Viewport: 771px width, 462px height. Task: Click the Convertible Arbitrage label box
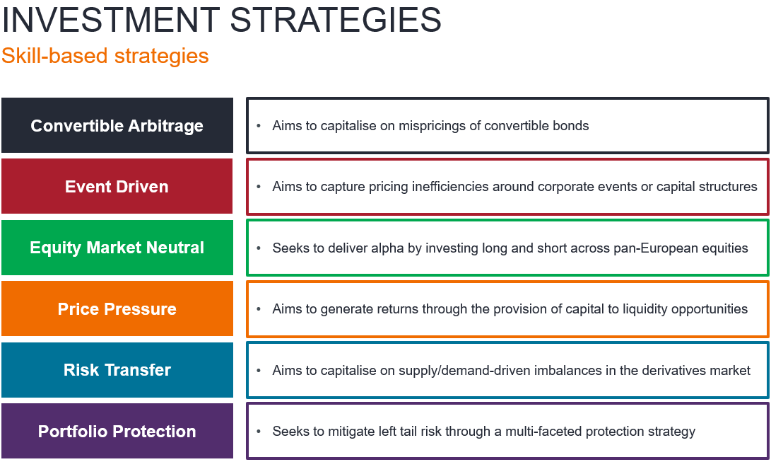coord(117,125)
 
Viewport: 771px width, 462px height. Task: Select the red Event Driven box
coord(117,187)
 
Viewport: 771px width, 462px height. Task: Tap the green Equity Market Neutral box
coord(117,248)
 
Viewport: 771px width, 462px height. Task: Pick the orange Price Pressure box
coord(117,308)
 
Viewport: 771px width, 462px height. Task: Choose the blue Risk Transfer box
coord(117,370)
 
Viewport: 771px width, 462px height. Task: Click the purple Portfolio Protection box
coord(117,431)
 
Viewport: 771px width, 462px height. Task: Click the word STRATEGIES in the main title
coord(336,21)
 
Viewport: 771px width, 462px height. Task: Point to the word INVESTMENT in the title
coord(111,21)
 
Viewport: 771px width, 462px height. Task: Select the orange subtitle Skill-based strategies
coord(105,56)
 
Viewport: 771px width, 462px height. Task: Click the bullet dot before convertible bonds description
coord(259,126)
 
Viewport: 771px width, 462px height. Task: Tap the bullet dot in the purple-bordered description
coord(259,432)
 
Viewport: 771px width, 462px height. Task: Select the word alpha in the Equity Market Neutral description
coord(387,248)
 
